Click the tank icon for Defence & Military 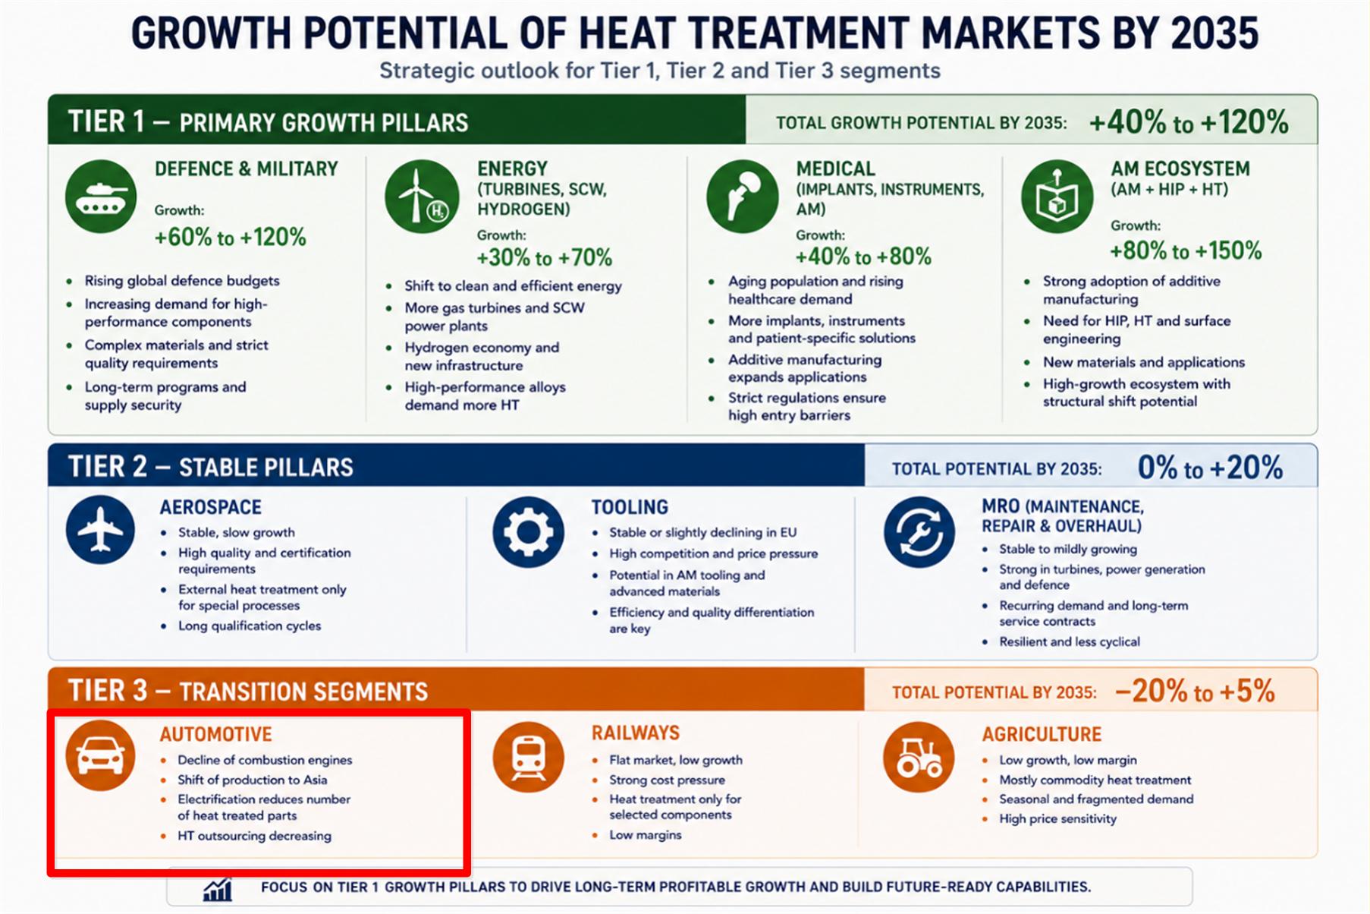tap(100, 196)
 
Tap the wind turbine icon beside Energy tap(422, 196)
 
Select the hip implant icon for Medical tap(742, 196)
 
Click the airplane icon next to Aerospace tap(100, 529)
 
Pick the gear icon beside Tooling tap(528, 531)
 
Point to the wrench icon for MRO tap(919, 531)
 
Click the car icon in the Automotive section tap(100, 755)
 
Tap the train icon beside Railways tap(528, 757)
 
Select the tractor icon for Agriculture tap(919, 757)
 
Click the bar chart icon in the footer tap(218, 889)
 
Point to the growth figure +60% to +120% tap(230, 237)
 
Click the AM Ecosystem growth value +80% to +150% tap(1186, 251)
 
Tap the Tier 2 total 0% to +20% tap(1210, 467)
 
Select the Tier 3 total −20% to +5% tap(1195, 691)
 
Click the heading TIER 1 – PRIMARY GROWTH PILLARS tap(268, 121)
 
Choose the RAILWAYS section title tap(636, 733)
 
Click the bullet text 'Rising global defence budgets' tap(182, 281)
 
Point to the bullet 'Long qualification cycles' tap(250, 626)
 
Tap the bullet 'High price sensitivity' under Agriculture tap(1057, 818)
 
